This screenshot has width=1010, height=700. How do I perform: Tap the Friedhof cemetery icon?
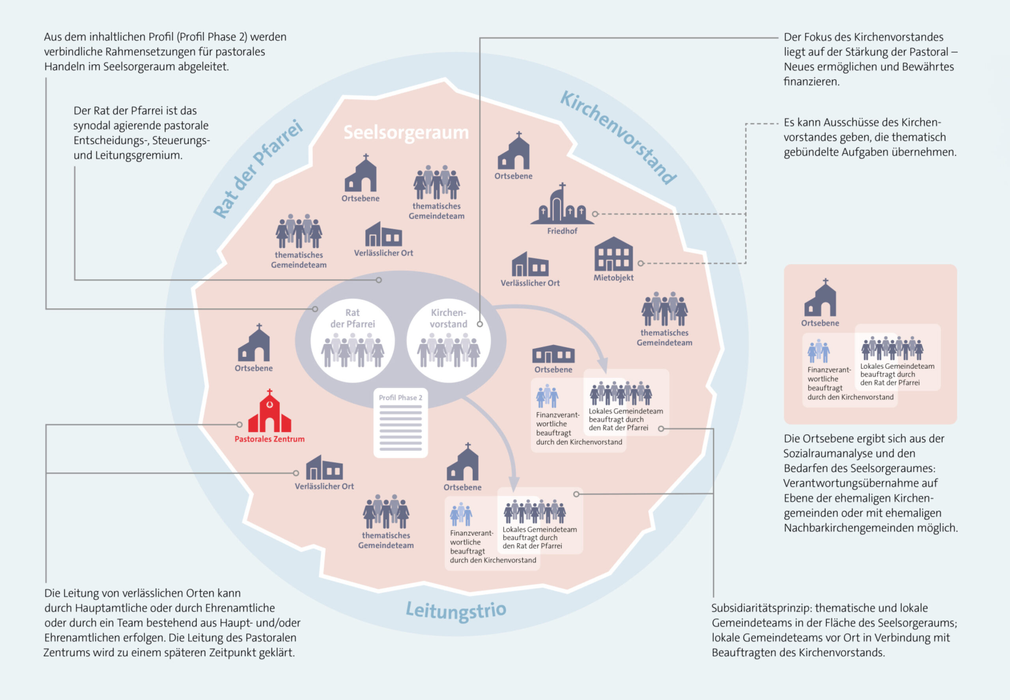coord(562,204)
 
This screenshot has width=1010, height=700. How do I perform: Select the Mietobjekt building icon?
coord(613,254)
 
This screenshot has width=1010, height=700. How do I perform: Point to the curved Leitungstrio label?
coord(456,610)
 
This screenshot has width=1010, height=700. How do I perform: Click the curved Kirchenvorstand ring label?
coord(619,137)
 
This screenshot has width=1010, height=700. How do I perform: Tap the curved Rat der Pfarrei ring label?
coord(258,168)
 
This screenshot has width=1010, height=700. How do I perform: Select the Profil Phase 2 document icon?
coord(400,423)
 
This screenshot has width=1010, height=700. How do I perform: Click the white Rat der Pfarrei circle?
coord(353,340)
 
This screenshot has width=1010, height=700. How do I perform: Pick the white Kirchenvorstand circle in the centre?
coord(449,340)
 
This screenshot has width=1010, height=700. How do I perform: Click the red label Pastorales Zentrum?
coord(269,439)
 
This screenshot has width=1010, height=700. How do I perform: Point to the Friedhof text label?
coord(562,231)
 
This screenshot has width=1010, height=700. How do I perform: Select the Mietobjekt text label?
coord(613,278)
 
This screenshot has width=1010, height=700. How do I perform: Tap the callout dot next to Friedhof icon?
coord(595,214)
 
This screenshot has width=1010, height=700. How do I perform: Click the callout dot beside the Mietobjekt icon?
coord(641,263)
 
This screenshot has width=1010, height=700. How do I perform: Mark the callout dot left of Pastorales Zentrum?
coord(239,425)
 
